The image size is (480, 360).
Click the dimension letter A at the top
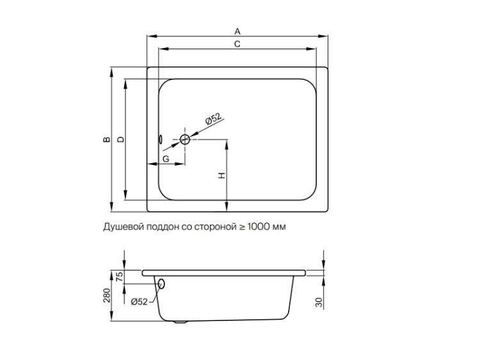pos(237,31)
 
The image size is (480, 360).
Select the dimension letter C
pos(237,44)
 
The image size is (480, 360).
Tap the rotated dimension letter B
pos(106,139)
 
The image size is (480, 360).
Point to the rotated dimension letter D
pos(121,139)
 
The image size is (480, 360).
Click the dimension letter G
pos(166,159)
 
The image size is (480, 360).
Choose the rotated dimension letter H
pos(221,175)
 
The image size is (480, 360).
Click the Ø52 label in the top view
pos(213,119)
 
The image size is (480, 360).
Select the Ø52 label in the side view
pos(139,302)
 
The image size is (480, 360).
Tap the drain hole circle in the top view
pos(185,139)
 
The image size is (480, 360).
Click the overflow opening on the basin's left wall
pos(160,139)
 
